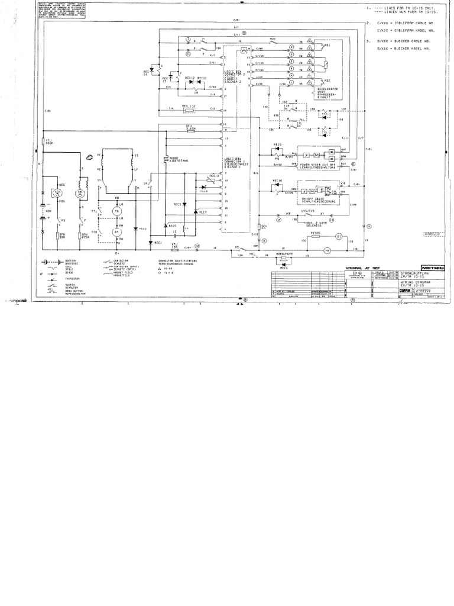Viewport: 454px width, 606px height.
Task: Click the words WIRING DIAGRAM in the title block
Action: pos(408,283)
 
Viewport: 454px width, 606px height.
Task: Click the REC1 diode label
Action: pos(157,243)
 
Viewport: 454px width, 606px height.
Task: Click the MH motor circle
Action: pos(325,252)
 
